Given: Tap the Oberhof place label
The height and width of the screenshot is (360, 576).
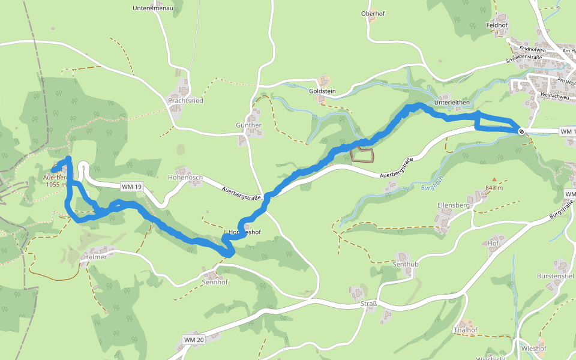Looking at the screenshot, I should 372,14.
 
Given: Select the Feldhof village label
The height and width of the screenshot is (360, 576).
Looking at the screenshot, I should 497,26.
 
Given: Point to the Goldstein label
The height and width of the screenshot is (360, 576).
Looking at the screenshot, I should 322,91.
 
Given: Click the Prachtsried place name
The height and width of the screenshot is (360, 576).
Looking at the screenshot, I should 185,101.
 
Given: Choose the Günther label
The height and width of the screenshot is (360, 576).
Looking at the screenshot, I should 248,125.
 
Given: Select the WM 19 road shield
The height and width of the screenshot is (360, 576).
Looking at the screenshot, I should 131,187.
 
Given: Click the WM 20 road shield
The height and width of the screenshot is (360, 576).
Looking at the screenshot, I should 194,340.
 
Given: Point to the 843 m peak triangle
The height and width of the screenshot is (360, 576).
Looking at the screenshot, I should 494,179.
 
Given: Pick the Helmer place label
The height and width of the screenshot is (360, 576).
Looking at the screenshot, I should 95,257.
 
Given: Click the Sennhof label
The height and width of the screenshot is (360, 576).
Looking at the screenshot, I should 215,281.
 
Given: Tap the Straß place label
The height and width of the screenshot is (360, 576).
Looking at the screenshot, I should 369,304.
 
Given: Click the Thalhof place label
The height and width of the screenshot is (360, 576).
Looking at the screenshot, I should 466,330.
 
